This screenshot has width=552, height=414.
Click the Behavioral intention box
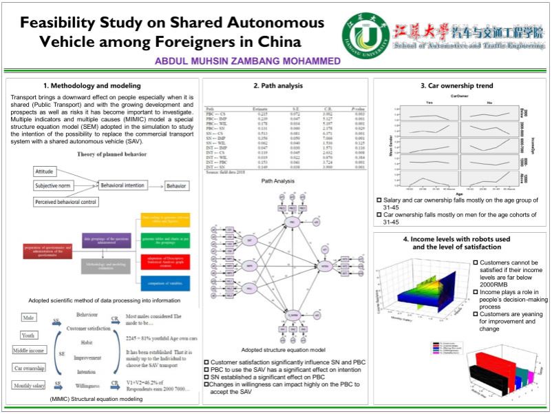click(x=126, y=186)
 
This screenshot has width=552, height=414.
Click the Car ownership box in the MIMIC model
click(x=28, y=368)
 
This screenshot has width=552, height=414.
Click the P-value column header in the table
click(x=357, y=109)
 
